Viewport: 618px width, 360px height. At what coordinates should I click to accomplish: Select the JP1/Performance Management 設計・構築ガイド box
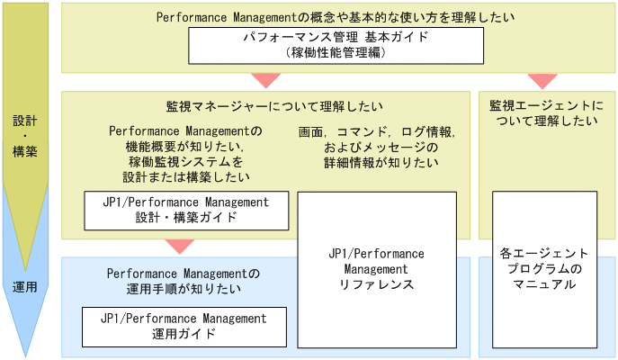pos(186,210)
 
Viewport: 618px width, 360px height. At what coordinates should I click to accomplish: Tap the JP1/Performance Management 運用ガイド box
pos(184,326)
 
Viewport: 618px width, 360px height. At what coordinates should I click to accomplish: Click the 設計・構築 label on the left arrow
pos(25,135)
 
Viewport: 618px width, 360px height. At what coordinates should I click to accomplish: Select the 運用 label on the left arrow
pos(25,287)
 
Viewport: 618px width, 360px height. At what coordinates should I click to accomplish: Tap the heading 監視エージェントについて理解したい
pos(544,113)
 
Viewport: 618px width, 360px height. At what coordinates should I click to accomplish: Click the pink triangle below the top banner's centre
pos(266,79)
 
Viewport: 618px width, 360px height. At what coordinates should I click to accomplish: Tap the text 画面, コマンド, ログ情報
pos(377,131)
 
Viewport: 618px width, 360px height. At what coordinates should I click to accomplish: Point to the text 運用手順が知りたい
pos(184,289)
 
